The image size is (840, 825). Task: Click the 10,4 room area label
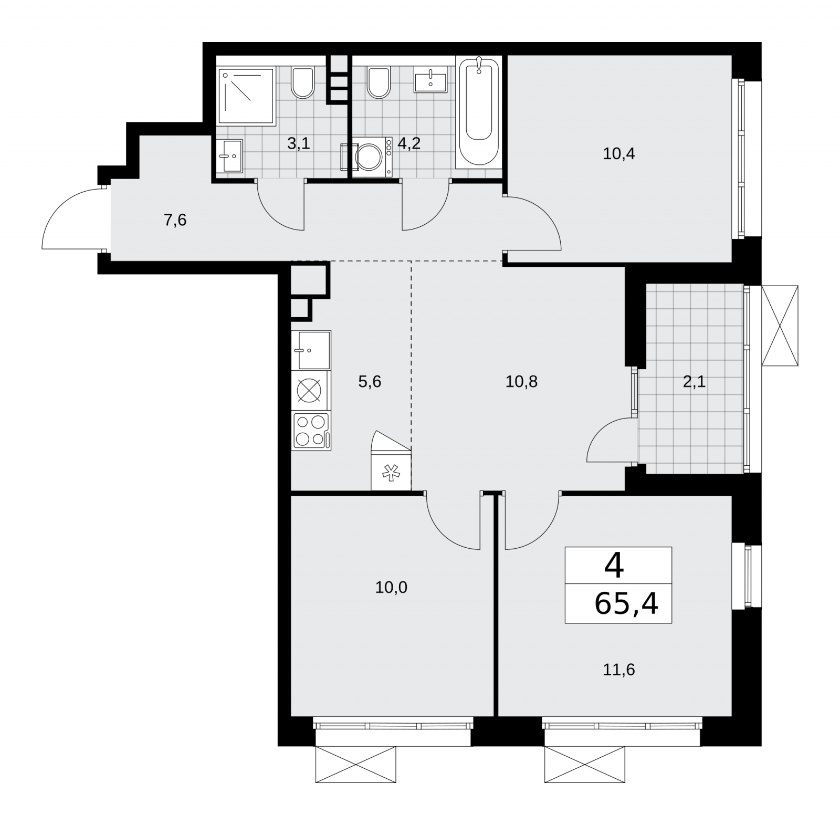[x=619, y=154]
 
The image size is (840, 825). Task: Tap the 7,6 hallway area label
[x=175, y=220]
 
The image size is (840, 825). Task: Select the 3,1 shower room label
[x=299, y=143]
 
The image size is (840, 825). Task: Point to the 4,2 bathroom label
[x=409, y=143]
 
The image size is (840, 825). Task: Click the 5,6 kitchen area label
[x=370, y=382]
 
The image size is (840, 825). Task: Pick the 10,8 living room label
[x=521, y=382]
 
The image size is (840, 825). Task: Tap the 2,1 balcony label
[x=694, y=382]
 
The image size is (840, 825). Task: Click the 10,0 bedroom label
[x=391, y=587]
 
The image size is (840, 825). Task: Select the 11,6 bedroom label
[x=619, y=670]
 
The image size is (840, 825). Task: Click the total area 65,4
[x=626, y=604]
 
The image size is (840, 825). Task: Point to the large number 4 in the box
[x=614, y=566]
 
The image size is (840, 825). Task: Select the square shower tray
[x=246, y=96]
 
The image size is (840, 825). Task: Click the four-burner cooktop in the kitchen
[x=311, y=431]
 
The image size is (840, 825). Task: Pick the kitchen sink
[x=311, y=350]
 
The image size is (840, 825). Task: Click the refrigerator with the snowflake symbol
[x=391, y=461]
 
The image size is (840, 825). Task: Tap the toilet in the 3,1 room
[x=302, y=82]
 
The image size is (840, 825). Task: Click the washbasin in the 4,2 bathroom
[x=430, y=80]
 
